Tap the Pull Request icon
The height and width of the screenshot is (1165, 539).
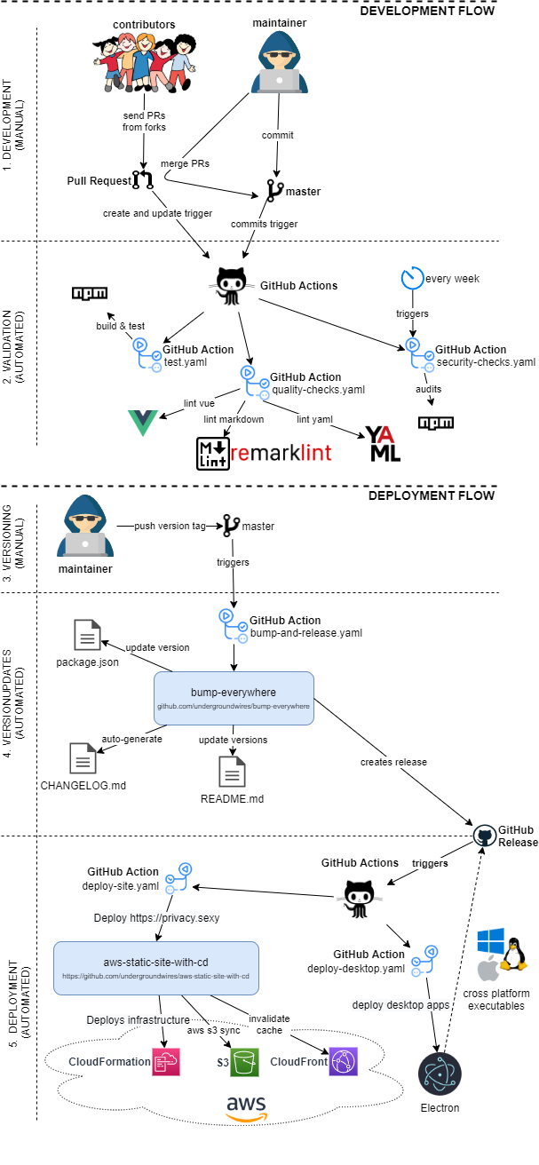(143, 181)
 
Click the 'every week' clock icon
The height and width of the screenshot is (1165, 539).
(412, 278)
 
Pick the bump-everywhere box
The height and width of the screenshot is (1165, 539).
(234, 698)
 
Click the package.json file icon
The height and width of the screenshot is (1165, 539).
(87, 635)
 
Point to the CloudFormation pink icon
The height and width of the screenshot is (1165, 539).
(166, 1036)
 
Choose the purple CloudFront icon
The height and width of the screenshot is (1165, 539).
(343, 1036)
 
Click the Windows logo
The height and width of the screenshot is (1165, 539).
(491, 943)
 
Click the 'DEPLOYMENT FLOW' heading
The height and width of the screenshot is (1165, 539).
(432, 495)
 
